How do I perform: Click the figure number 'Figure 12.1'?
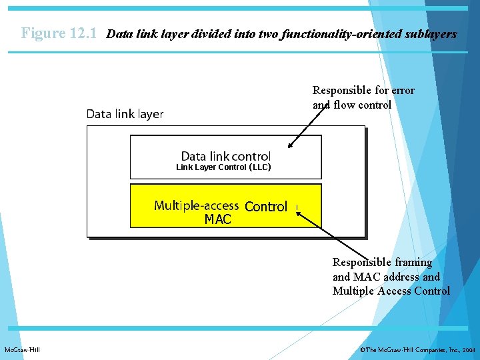click(x=59, y=33)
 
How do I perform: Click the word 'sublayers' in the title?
click(x=431, y=33)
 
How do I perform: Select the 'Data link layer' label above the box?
click(x=125, y=114)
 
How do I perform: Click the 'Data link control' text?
click(x=226, y=156)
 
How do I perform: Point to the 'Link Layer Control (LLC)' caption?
click(x=223, y=167)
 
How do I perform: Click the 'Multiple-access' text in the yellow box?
click(x=197, y=205)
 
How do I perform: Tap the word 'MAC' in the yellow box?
click(x=218, y=219)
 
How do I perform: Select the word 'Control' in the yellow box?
click(x=266, y=207)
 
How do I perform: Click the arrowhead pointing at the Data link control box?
click(x=290, y=147)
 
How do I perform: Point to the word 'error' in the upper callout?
click(x=403, y=91)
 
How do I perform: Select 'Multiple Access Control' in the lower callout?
click(x=391, y=291)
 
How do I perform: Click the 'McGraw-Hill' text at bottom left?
click(x=22, y=349)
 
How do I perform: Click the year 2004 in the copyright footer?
click(x=469, y=349)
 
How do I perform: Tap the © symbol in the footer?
click(x=362, y=349)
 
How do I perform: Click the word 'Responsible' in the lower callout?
click(x=360, y=263)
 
